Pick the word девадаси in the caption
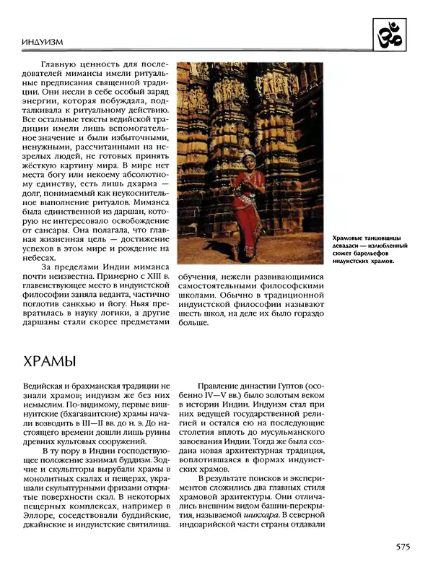[x=349, y=246]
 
